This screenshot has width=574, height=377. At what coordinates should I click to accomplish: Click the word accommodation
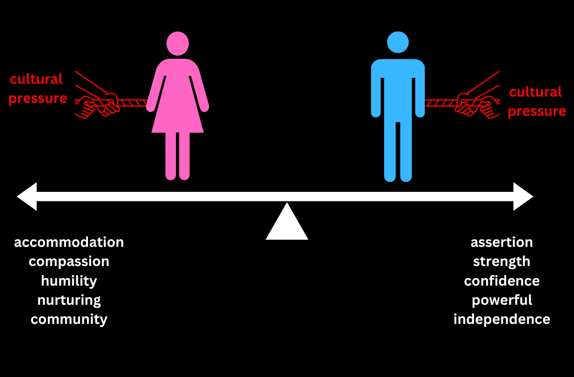(x=69, y=242)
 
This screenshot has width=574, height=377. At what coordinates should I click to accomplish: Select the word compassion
(x=69, y=262)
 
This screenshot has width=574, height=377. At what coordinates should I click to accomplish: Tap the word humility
(x=69, y=281)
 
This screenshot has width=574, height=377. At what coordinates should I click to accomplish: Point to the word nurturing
(x=69, y=300)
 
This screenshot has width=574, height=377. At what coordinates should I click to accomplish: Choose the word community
(x=69, y=319)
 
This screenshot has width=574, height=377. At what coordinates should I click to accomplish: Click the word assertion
(x=502, y=242)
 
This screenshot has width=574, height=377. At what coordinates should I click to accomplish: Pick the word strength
(x=502, y=262)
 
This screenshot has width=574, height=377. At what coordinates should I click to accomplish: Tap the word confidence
(x=502, y=281)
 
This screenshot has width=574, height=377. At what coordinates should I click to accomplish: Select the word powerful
(x=502, y=300)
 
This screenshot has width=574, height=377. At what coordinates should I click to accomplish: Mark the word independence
(x=502, y=319)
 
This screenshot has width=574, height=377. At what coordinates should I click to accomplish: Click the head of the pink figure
(x=177, y=43)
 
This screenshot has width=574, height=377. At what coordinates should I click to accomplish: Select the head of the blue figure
(x=398, y=43)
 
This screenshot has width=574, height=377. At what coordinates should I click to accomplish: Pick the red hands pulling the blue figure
(x=476, y=104)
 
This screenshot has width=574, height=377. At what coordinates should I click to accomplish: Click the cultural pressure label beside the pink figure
(x=37, y=89)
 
